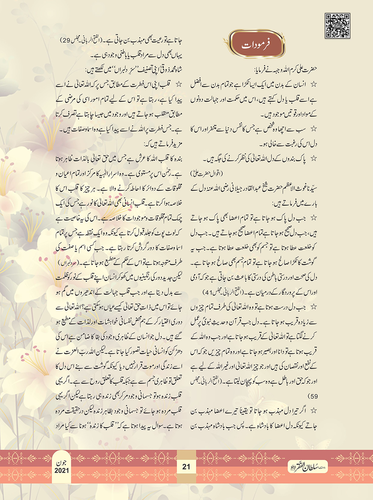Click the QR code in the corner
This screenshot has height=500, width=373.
coord(337,26)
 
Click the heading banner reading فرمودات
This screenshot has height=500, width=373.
coord(256,45)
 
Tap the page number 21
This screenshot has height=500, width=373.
coord(186,467)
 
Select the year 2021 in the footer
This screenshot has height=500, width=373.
coord(62,471)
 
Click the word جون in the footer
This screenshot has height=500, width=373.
coord(62,463)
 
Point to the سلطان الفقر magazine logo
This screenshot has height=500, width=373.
coord(307,467)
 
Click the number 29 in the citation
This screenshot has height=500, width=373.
coord(66,41)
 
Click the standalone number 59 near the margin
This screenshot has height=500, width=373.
coord(313,396)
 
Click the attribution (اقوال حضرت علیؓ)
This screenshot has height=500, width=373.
coord(206,174)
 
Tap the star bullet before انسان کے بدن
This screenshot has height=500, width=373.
coord(313,84)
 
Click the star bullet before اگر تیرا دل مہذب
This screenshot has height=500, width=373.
coord(313,411)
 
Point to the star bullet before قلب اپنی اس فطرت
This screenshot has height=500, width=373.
coord(179,84)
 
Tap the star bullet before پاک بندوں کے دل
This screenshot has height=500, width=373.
coord(313,159)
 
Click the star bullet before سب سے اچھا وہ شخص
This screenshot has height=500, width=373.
coord(313,129)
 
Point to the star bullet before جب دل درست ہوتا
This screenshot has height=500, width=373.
coord(313,307)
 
